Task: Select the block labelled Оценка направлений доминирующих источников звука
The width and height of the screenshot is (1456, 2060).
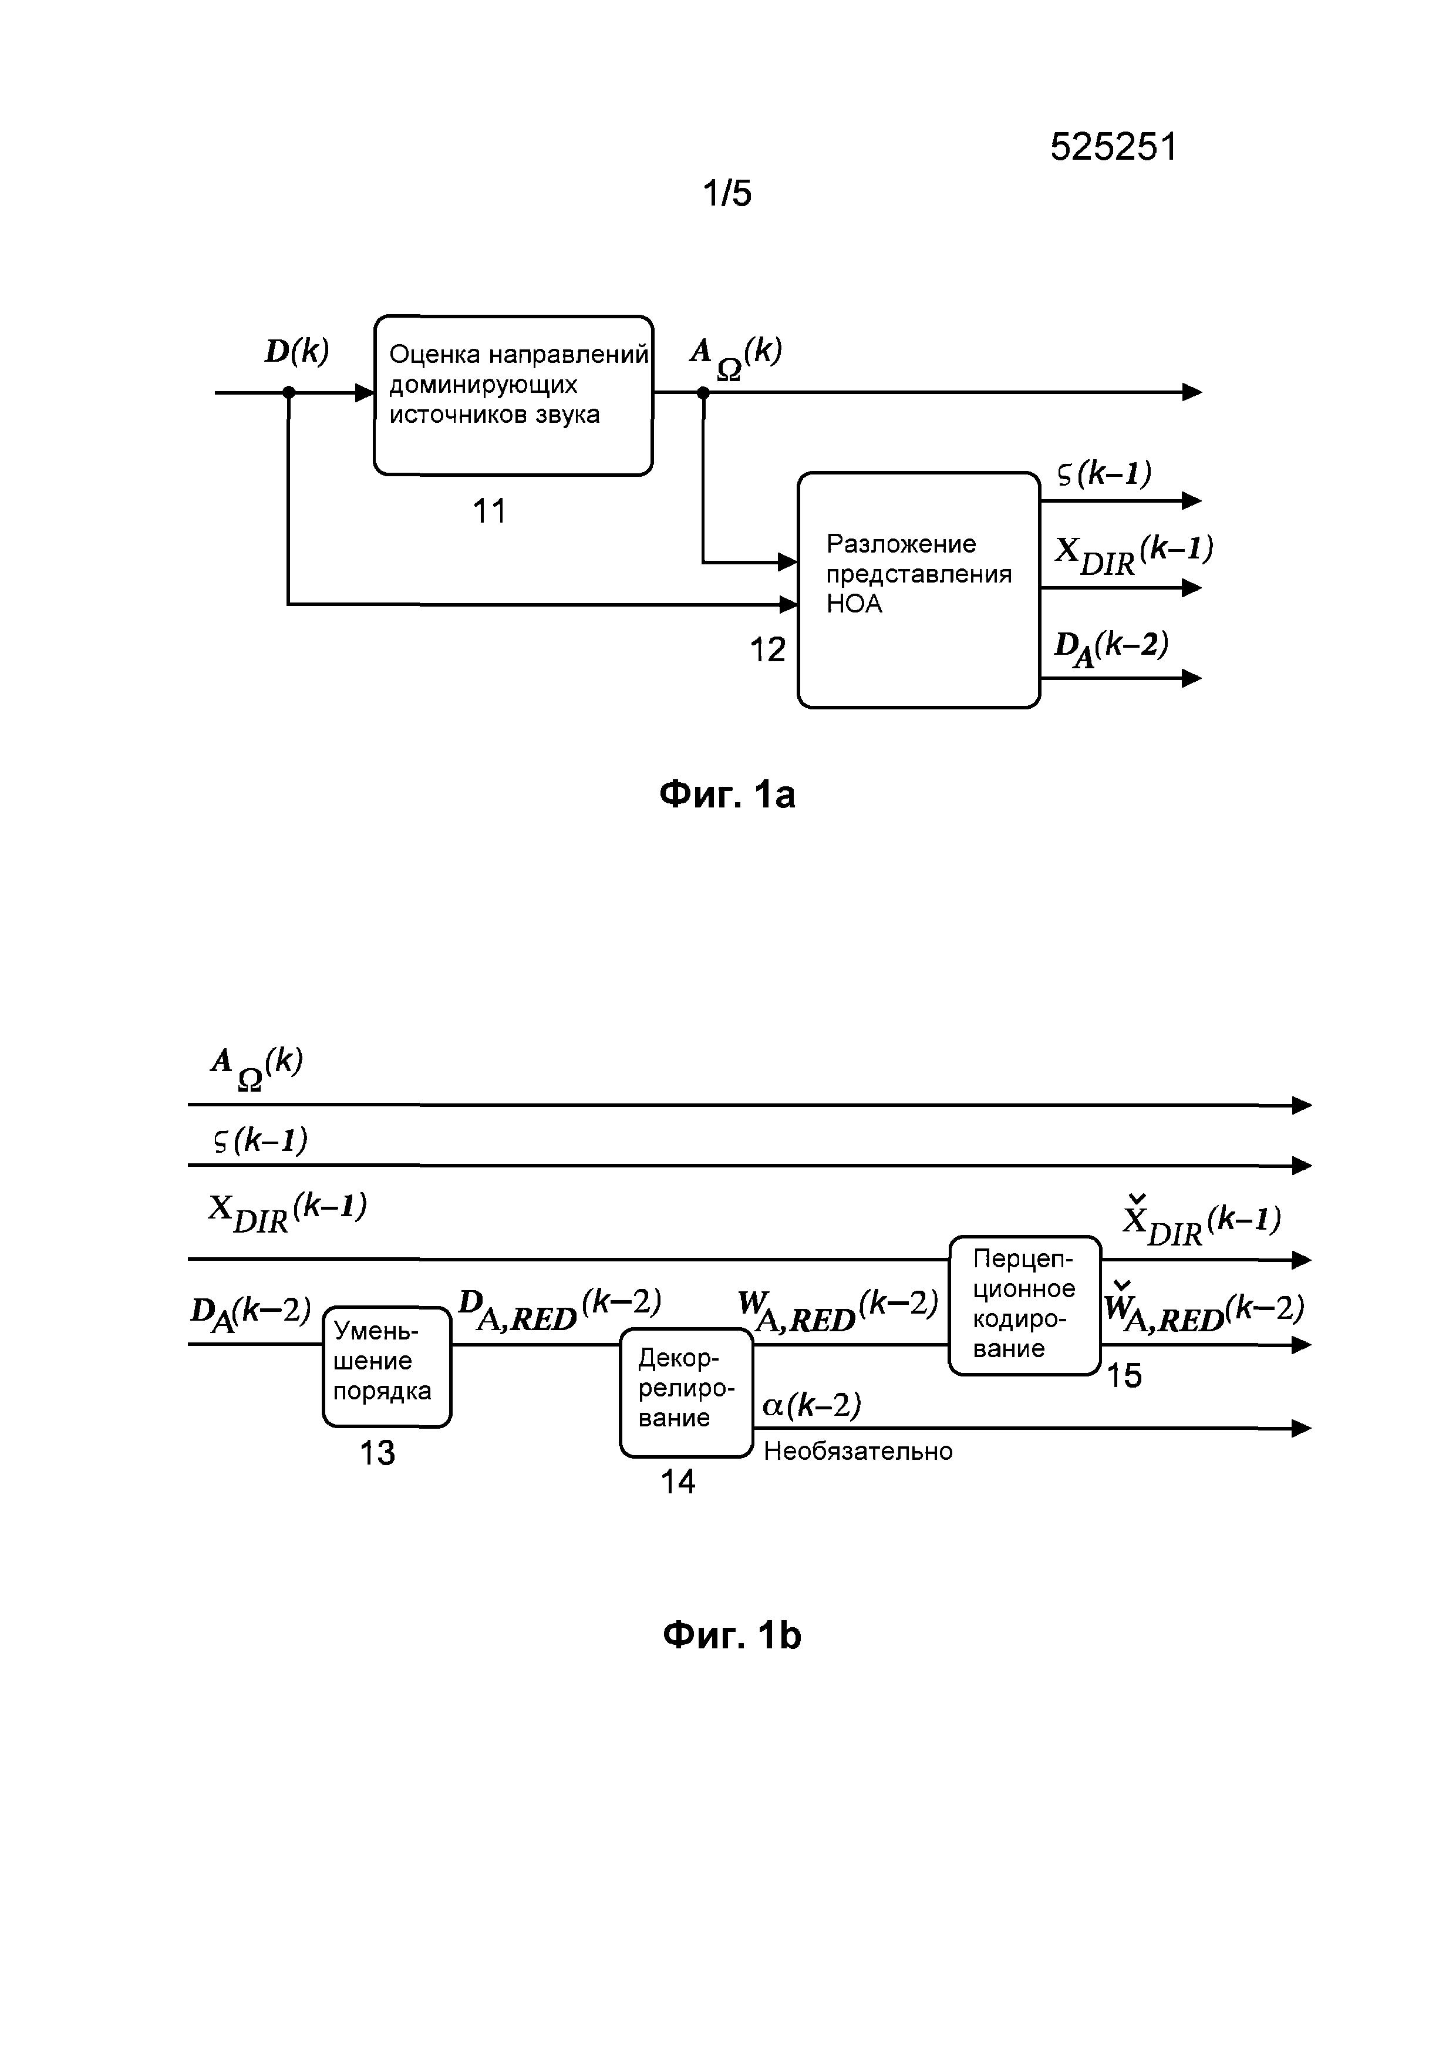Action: tap(513, 395)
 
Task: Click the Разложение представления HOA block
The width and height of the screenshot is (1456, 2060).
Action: tap(919, 590)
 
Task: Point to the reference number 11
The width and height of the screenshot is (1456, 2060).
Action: tap(489, 511)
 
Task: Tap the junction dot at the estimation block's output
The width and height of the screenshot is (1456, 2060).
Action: tap(703, 392)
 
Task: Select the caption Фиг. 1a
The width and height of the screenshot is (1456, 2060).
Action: tap(727, 795)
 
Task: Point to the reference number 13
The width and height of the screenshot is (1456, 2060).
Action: tap(377, 1453)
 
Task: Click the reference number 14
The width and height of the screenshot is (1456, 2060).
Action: tap(678, 1482)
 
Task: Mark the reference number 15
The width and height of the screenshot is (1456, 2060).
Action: tap(1124, 1375)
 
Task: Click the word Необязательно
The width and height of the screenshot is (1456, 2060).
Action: tap(858, 1451)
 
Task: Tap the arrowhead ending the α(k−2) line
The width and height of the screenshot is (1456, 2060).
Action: tap(1302, 1428)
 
